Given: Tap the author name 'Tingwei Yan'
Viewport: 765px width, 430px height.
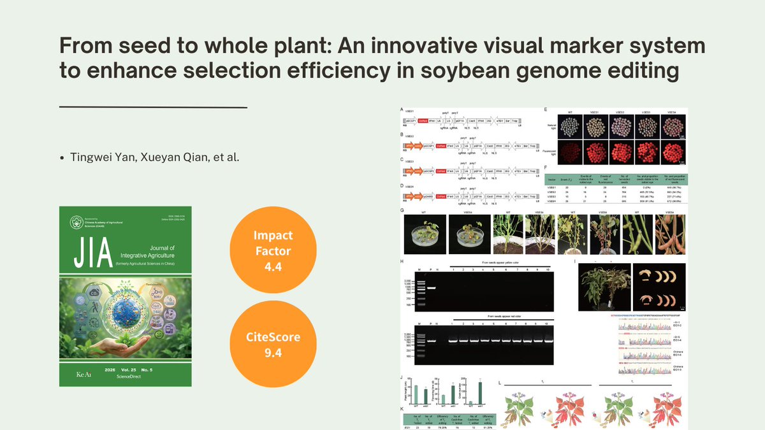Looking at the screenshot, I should [101, 157].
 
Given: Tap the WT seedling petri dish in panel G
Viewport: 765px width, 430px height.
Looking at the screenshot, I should [423, 235].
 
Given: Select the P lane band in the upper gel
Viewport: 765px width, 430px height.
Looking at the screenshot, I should [431, 288].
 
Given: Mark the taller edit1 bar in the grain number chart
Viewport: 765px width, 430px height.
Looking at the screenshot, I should [480, 392].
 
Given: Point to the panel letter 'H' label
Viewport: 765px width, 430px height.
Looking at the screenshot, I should [402, 262].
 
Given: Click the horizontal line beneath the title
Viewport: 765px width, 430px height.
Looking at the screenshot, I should [153, 108].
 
